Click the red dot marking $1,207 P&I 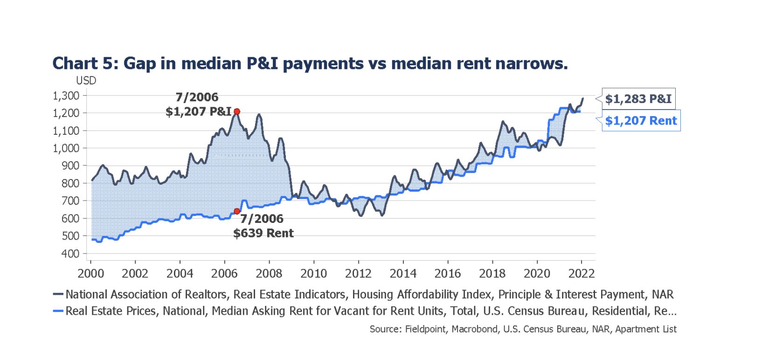pos(237,111)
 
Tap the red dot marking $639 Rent pos(237,211)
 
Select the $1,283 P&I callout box pos(638,99)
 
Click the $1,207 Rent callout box pos(641,121)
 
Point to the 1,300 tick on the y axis pos(66,96)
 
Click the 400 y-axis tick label pos(70,254)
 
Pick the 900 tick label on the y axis pos(70,166)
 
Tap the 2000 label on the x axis pos(90,274)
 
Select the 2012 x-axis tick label pos(358,274)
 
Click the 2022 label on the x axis pos(582,274)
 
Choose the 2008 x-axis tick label pos(269,274)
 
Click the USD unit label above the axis pos(86,81)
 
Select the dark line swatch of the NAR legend pos(58,294)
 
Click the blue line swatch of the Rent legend pos(58,311)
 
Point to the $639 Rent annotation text pos(263,233)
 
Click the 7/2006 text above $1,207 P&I pos(197,97)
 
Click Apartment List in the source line pos(646,329)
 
